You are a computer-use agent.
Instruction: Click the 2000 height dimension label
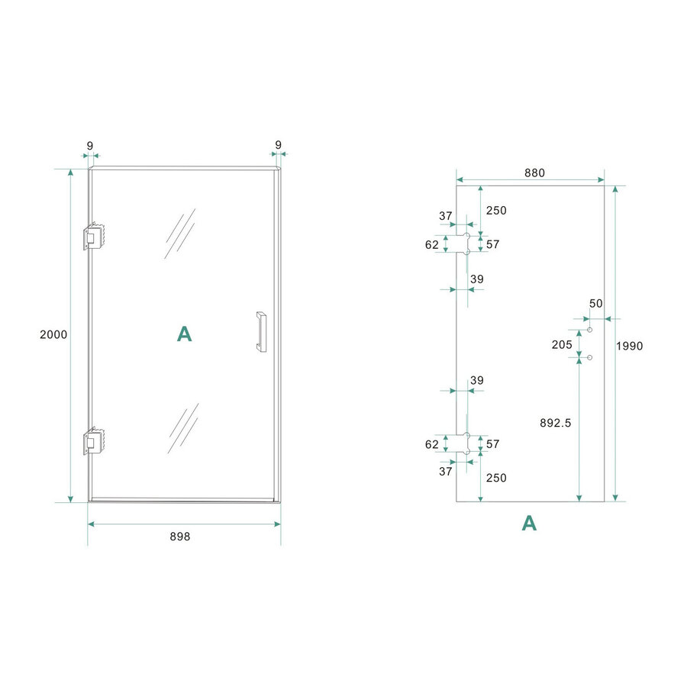click(x=54, y=334)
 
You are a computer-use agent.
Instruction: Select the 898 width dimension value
click(x=179, y=537)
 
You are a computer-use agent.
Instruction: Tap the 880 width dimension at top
click(x=534, y=173)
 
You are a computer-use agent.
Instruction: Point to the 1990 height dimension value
click(x=630, y=346)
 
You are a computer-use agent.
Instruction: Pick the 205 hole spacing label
click(x=562, y=344)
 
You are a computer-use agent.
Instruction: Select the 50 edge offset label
click(x=595, y=303)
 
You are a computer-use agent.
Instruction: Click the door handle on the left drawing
click(x=261, y=332)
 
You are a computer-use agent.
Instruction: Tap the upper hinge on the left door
click(x=93, y=237)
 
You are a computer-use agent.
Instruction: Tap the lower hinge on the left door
click(x=93, y=441)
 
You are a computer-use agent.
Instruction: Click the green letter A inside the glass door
click(x=184, y=334)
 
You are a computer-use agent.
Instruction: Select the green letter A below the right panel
click(x=528, y=523)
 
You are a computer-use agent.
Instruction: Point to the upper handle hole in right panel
click(x=590, y=329)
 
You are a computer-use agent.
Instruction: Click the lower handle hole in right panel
click(x=590, y=356)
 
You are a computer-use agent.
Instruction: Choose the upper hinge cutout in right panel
click(x=463, y=244)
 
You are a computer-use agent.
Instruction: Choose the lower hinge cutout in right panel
click(x=463, y=443)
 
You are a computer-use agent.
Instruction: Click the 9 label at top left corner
click(x=89, y=145)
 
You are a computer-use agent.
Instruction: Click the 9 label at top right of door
click(x=278, y=145)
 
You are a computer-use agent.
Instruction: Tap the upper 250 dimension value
click(x=495, y=210)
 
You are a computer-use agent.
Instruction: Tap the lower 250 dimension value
click(x=495, y=478)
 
